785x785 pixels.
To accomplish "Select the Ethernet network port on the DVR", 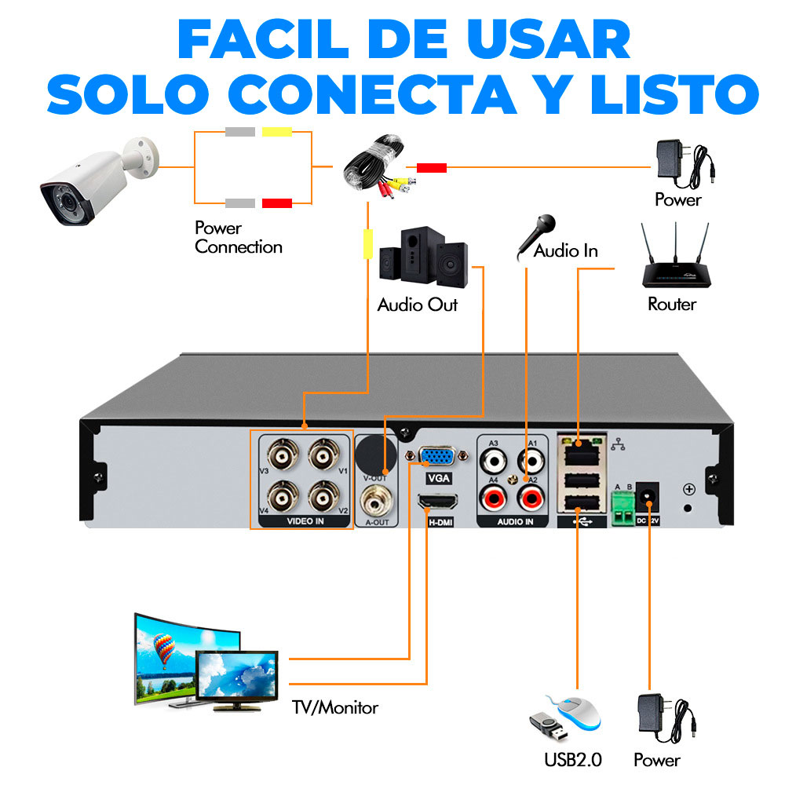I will pos(579,453).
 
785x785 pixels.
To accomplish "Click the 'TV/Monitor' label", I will pos(335,708).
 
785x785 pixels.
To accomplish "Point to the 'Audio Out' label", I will pos(417,305).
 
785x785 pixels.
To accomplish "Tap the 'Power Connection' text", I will pos(238,238).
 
